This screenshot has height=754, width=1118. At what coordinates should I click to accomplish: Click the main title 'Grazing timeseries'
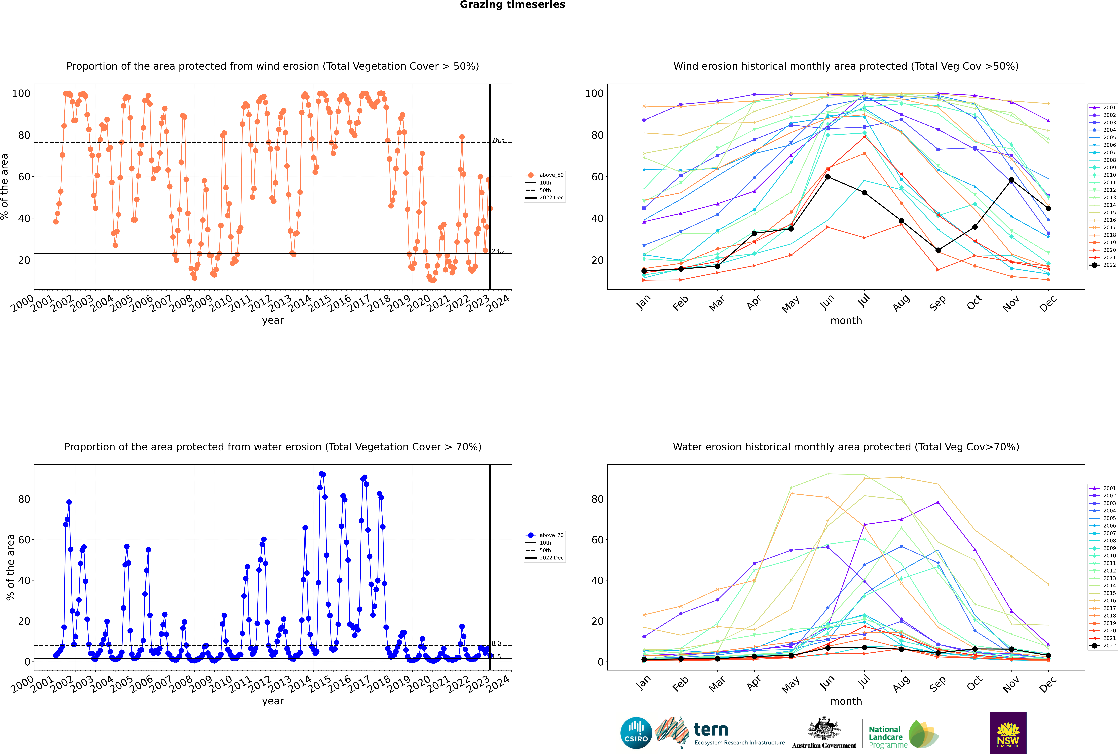(512, 5)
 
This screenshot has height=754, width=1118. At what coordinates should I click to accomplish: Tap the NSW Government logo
(1008, 733)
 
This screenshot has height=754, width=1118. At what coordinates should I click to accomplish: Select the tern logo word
(711, 730)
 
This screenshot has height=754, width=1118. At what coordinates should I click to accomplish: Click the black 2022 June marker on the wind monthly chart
(828, 177)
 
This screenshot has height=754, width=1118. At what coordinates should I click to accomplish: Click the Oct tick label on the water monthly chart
(974, 683)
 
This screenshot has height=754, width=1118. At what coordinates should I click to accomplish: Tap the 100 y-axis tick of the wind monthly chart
(594, 93)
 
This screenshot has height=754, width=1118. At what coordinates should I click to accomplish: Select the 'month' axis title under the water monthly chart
(846, 701)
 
